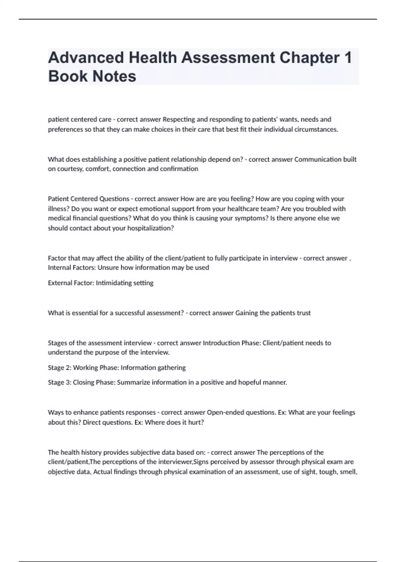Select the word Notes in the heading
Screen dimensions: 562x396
(114, 76)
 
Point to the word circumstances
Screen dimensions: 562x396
(315, 129)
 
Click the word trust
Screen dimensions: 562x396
(304, 313)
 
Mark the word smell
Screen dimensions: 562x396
(348, 472)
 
